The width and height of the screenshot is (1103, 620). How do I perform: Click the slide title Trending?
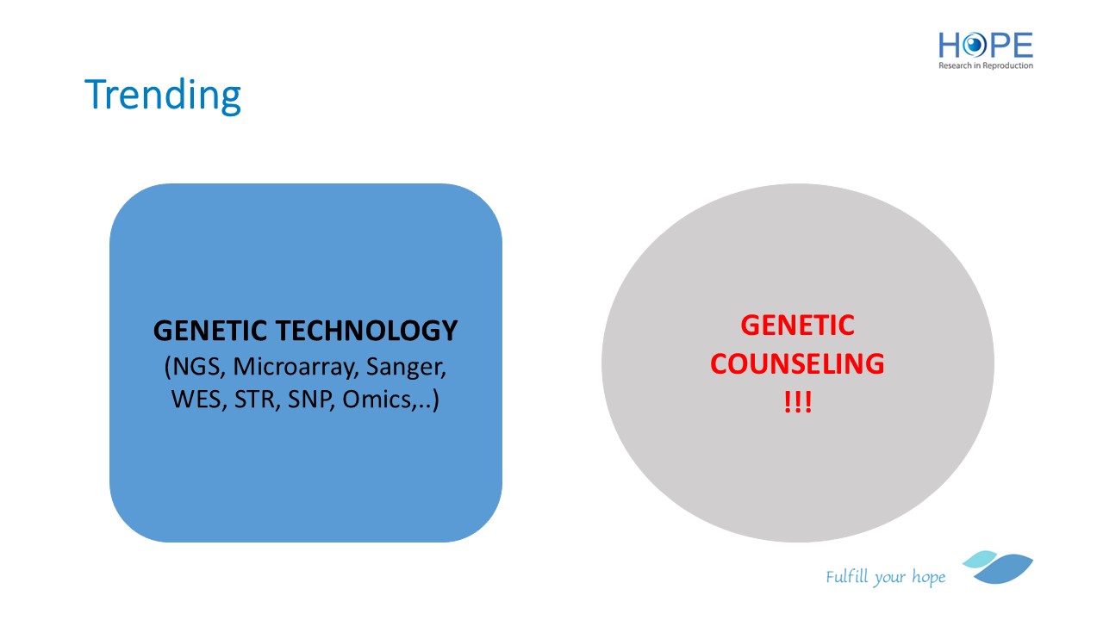(x=163, y=95)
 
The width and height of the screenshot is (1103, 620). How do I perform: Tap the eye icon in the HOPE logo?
(x=974, y=46)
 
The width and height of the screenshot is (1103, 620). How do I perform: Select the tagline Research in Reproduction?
(x=985, y=65)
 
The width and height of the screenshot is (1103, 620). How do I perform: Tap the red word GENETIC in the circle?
(x=797, y=325)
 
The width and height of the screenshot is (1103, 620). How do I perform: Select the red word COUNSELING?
(x=797, y=363)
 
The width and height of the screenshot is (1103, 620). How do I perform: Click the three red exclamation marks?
(x=798, y=402)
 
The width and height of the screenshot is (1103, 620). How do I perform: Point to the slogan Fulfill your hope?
(x=885, y=577)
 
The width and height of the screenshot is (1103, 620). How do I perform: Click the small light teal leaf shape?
(x=980, y=559)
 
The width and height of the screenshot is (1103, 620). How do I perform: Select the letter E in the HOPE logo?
(x=1023, y=46)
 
